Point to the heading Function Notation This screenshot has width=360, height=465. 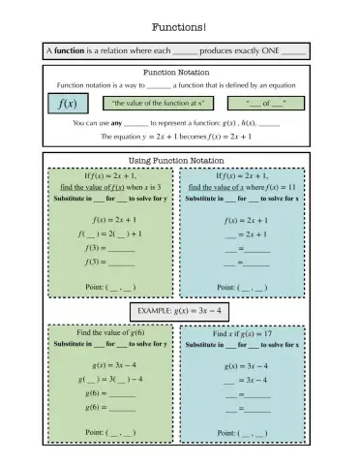pos(179,72)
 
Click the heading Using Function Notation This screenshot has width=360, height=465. pos(179,159)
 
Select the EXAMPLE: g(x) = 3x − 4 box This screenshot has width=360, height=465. pos(179,311)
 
